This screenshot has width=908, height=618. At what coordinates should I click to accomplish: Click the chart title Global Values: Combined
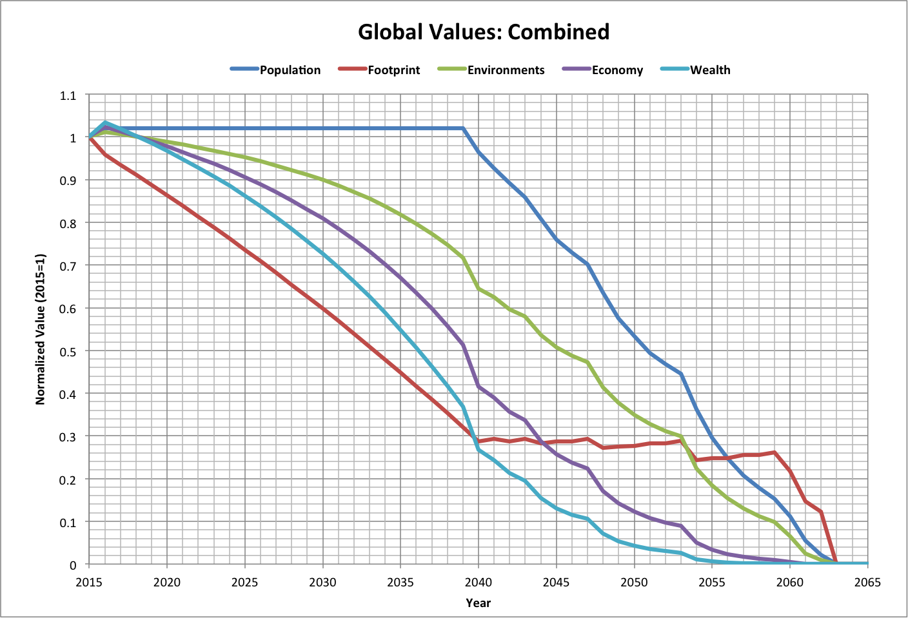coord(484,32)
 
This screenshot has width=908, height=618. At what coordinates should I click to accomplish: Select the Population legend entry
coord(290,70)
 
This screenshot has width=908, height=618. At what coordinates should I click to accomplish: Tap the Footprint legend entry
coord(393,70)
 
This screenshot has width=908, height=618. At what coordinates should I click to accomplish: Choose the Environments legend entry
coord(506,70)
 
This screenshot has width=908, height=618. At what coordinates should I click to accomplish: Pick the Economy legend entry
coord(617,70)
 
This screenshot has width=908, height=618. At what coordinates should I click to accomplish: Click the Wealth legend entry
coord(710,70)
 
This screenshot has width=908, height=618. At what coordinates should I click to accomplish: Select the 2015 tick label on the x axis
coord(89,583)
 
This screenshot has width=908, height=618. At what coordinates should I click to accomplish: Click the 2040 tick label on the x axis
coord(479,583)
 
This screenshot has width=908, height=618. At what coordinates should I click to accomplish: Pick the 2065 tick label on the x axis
coord(867,583)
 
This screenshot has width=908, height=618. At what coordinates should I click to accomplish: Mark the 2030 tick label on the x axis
coord(322,583)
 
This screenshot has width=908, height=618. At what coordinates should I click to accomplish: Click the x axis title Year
coord(479,603)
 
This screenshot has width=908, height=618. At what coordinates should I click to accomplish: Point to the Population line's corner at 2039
coord(463,128)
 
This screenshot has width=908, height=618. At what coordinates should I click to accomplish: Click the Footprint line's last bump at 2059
coord(774,452)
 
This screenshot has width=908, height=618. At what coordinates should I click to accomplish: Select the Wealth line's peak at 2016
coord(105,122)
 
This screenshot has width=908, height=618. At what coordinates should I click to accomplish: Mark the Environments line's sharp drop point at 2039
coord(463,258)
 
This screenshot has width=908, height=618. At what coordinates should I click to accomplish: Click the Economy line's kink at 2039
coord(463,345)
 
